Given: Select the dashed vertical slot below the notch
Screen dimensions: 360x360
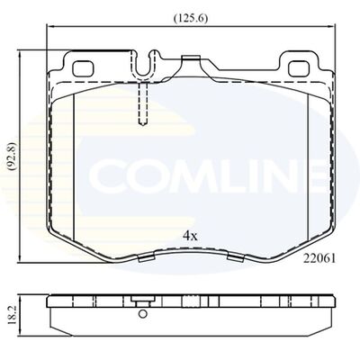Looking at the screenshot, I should tap(140, 105).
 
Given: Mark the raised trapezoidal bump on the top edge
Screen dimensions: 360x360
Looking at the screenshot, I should tap(191, 60).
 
